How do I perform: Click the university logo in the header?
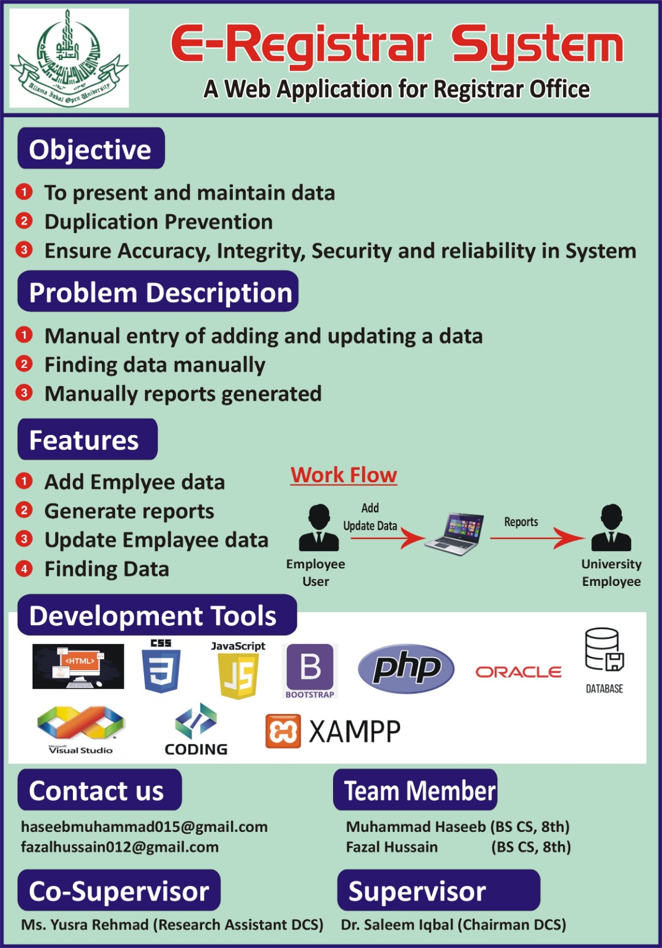(x=69, y=59)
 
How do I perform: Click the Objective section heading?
(x=91, y=149)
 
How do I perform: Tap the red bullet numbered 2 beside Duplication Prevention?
(x=24, y=221)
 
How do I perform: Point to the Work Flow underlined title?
(x=344, y=475)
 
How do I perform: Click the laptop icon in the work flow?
(x=455, y=533)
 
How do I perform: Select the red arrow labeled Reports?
(x=537, y=538)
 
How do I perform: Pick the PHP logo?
(x=407, y=668)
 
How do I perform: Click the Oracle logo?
(x=519, y=672)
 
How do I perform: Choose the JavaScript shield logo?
(x=238, y=676)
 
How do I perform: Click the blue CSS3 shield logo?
(x=161, y=671)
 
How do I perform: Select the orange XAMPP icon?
(x=283, y=731)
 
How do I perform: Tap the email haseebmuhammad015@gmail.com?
(x=144, y=827)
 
